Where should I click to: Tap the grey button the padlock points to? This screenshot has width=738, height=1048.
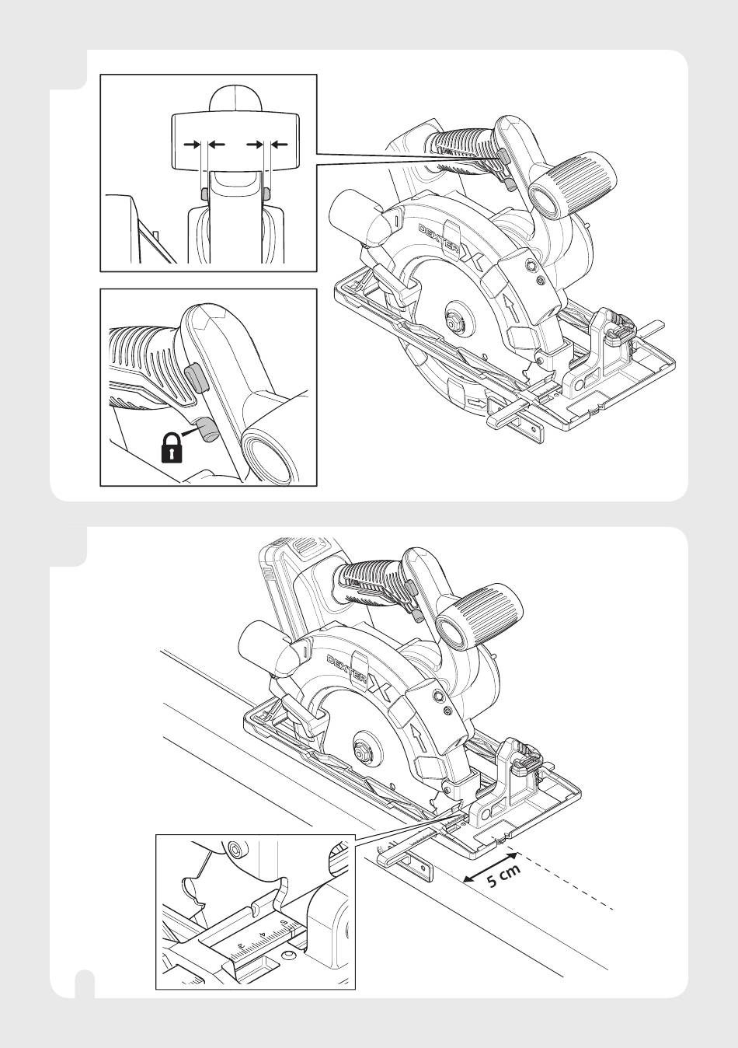207,429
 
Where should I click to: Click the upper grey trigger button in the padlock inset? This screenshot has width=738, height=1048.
196,379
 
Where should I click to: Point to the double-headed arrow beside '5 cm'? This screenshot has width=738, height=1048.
490,868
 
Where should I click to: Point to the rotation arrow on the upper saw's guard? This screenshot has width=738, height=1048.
513,307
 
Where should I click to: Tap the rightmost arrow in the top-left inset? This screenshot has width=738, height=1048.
280,145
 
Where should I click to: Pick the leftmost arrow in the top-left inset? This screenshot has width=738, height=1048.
192,145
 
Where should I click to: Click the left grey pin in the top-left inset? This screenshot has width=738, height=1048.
204,194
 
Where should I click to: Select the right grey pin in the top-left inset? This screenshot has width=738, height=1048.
266,194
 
